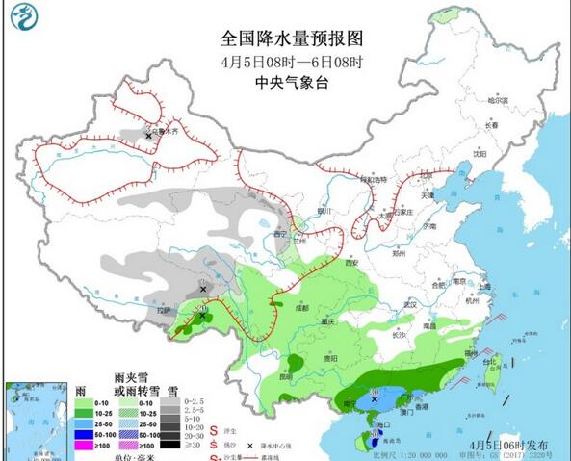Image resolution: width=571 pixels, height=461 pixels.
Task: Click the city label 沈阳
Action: click(480, 153)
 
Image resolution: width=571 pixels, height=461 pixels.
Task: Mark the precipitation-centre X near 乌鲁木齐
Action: click(148, 137)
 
